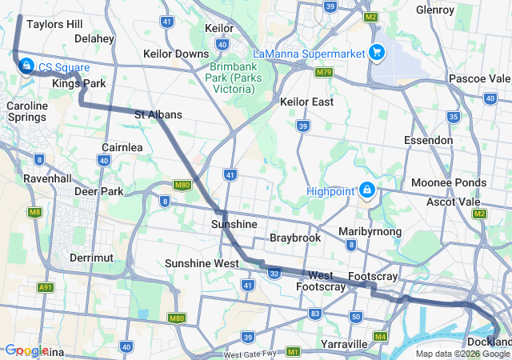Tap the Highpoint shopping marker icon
[x=366, y=190]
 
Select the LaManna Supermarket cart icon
[x=376, y=54]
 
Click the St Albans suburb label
[x=158, y=114]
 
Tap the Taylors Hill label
[x=54, y=24]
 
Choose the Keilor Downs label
[x=176, y=54]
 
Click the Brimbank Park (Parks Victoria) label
[x=241, y=72]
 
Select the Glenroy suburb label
[x=435, y=10]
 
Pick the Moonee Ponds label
[x=448, y=182]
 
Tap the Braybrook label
[x=294, y=238]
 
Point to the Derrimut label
[x=91, y=258]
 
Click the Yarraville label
[x=345, y=344]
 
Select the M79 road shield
[x=323, y=72]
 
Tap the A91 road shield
[x=46, y=287]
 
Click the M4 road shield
[x=380, y=336]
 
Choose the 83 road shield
[x=315, y=313]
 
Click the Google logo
[x=26, y=350]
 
